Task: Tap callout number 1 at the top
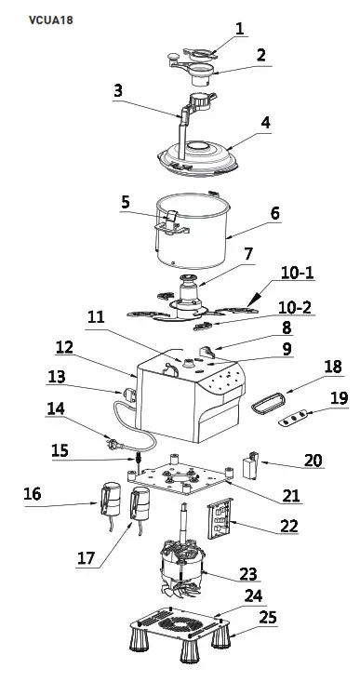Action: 240,29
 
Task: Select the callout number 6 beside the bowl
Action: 275,213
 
